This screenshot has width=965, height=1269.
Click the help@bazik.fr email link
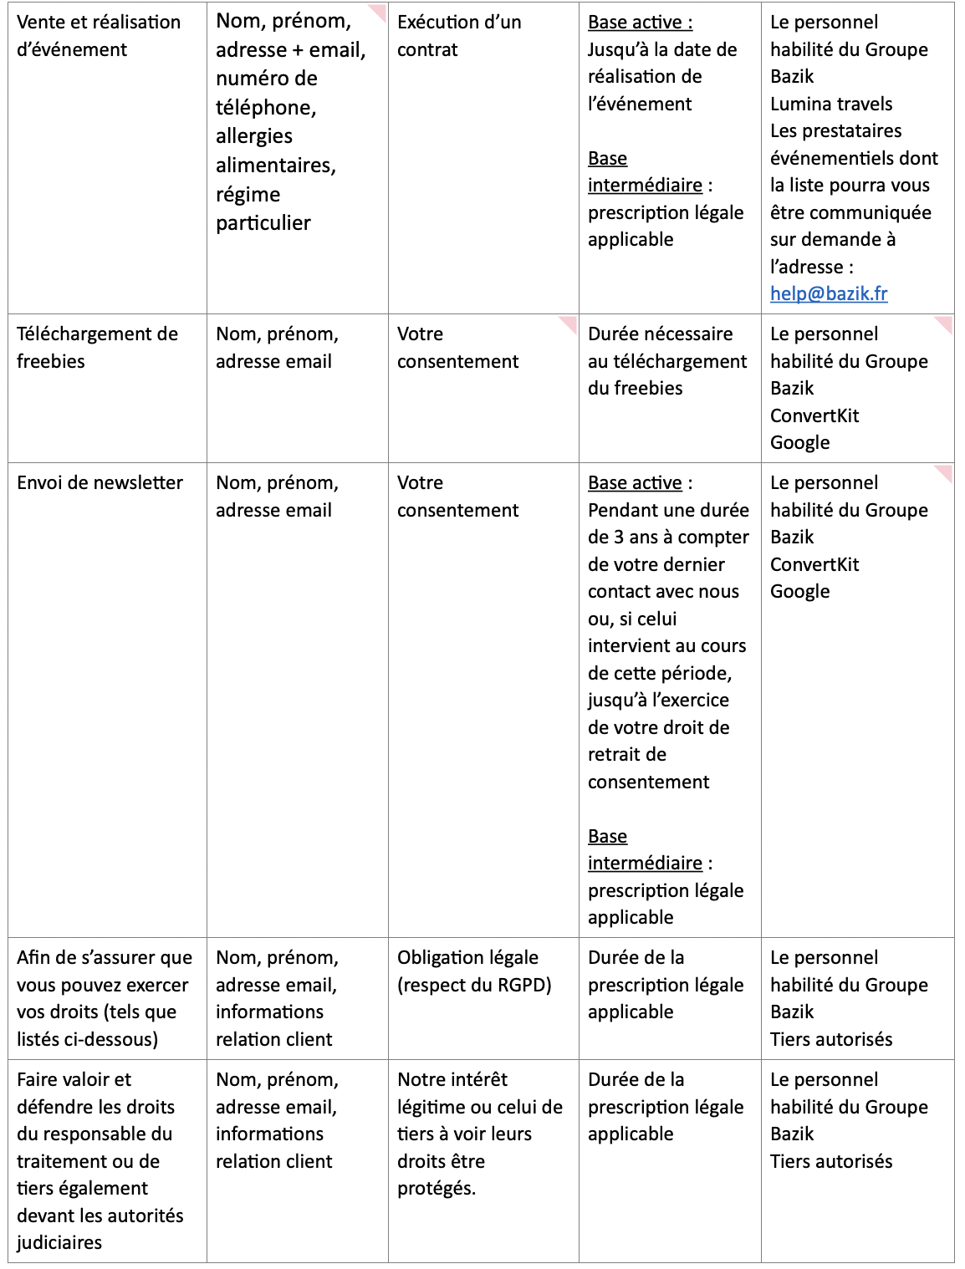pyautogui.click(x=828, y=293)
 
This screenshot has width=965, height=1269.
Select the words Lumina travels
pyautogui.click(x=830, y=104)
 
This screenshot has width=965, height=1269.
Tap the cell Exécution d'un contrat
pyautogui.click(x=458, y=36)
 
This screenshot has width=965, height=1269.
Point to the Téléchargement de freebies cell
pyautogui.click(x=97, y=348)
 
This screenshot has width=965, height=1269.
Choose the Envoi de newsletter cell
pyautogui.click(x=100, y=483)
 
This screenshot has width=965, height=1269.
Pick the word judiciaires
pyautogui.click(x=59, y=1242)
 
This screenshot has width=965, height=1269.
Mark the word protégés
pyautogui.click(x=436, y=1188)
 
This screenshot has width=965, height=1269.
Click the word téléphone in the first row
pyautogui.click(x=265, y=108)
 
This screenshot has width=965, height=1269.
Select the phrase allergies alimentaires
pyautogui.click(x=275, y=150)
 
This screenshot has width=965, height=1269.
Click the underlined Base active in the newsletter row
pyautogui.click(x=635, y=483)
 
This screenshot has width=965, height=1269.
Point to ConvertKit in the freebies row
pyautogui.click(x=814, y=415)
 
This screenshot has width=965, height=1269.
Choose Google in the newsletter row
pyautogui.click(x=799, y=591)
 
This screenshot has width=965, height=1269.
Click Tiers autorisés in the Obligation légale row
pyautogui.click(x=830, y=1039)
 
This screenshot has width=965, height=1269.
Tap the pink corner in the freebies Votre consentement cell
pyautogui.click(x=569, y=324)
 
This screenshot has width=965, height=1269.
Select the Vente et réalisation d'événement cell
pyautogui.click(x=98, y=36)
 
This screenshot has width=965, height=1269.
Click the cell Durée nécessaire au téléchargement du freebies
pyautogui.click(x=666, y=361)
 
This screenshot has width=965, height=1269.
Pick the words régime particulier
pyautogui.click(x=263, y=208)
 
